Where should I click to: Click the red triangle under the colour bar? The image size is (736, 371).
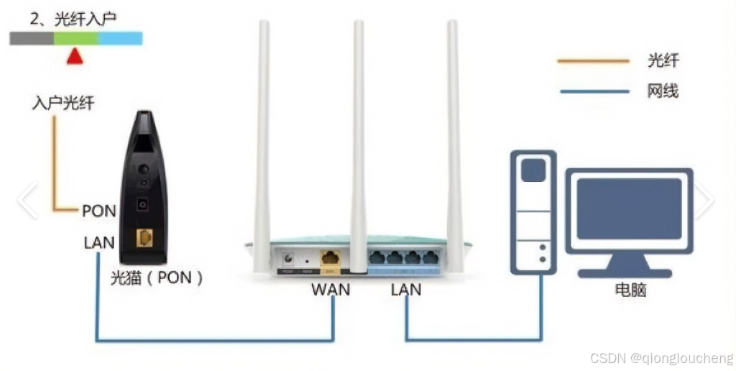(75, 57)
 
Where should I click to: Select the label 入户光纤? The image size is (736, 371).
(63, 104)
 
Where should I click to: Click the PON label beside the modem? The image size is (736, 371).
(98, 211)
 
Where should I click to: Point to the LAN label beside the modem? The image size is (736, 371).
(98, 242)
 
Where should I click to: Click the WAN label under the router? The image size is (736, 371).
(331, 290)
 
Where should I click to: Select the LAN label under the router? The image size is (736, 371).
(406, 290)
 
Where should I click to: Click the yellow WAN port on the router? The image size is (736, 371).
(331, 257)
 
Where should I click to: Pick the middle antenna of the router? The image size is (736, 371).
(358, 129)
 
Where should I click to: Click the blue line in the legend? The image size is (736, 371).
(593, 92)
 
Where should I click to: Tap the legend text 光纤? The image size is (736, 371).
(663, 61)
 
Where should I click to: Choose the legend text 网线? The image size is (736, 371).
(663, 91)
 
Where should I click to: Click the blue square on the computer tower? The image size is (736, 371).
(533, 170)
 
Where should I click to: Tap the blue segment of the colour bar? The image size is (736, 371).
(120, 38)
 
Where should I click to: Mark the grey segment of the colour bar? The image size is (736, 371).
(32, 38)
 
